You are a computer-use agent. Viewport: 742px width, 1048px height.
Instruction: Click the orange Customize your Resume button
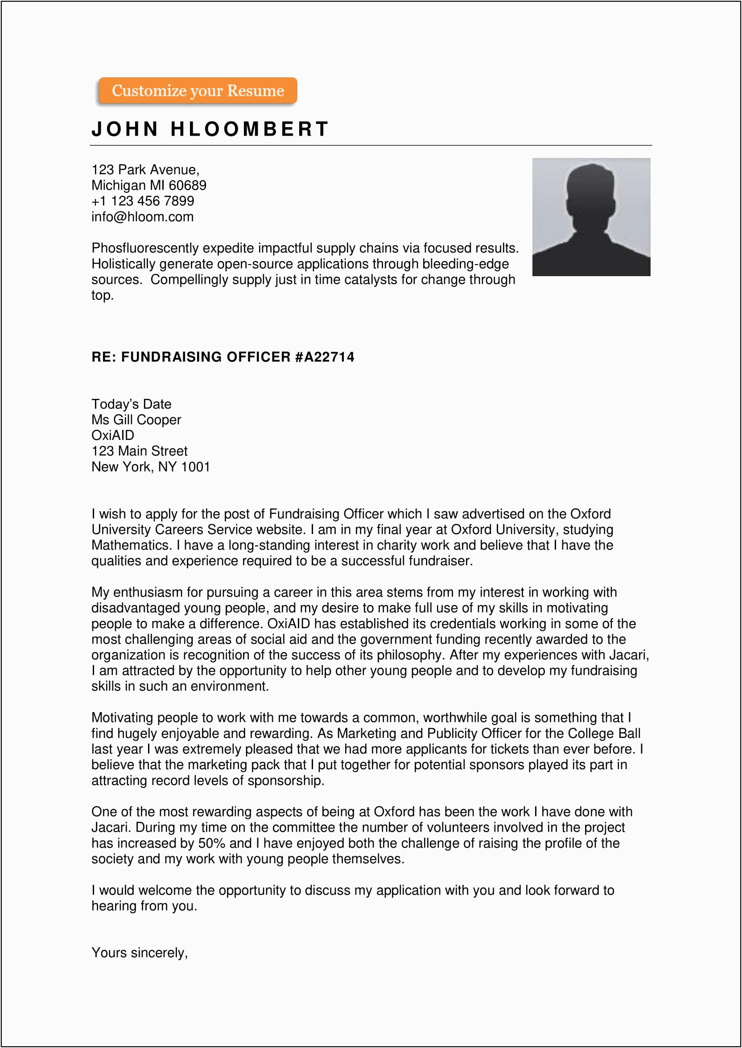(x=198, y=91)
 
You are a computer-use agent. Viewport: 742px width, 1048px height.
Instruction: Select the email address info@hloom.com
(x=143, y=217)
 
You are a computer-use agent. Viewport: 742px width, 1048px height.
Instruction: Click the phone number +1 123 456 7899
(x=143, y=201)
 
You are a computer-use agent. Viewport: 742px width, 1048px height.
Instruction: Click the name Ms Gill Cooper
(x=136, y=419)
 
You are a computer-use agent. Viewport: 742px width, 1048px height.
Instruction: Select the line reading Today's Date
(x=131, y=404)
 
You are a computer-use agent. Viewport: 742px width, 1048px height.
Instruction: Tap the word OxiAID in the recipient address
(x=113, y=435)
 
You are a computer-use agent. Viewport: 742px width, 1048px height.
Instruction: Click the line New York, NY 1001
(x=150, y=467)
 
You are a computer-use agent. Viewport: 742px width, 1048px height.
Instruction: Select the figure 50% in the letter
(x=212, y=843)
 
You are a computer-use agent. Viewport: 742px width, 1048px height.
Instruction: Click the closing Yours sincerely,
(x=140, y=953)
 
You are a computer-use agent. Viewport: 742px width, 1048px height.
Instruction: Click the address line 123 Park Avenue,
(x=145, y=170)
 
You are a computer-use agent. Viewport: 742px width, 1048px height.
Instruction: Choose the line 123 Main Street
(x=140, y=451)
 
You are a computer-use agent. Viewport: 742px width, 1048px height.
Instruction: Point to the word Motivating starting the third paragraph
(x=122, y=717)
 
